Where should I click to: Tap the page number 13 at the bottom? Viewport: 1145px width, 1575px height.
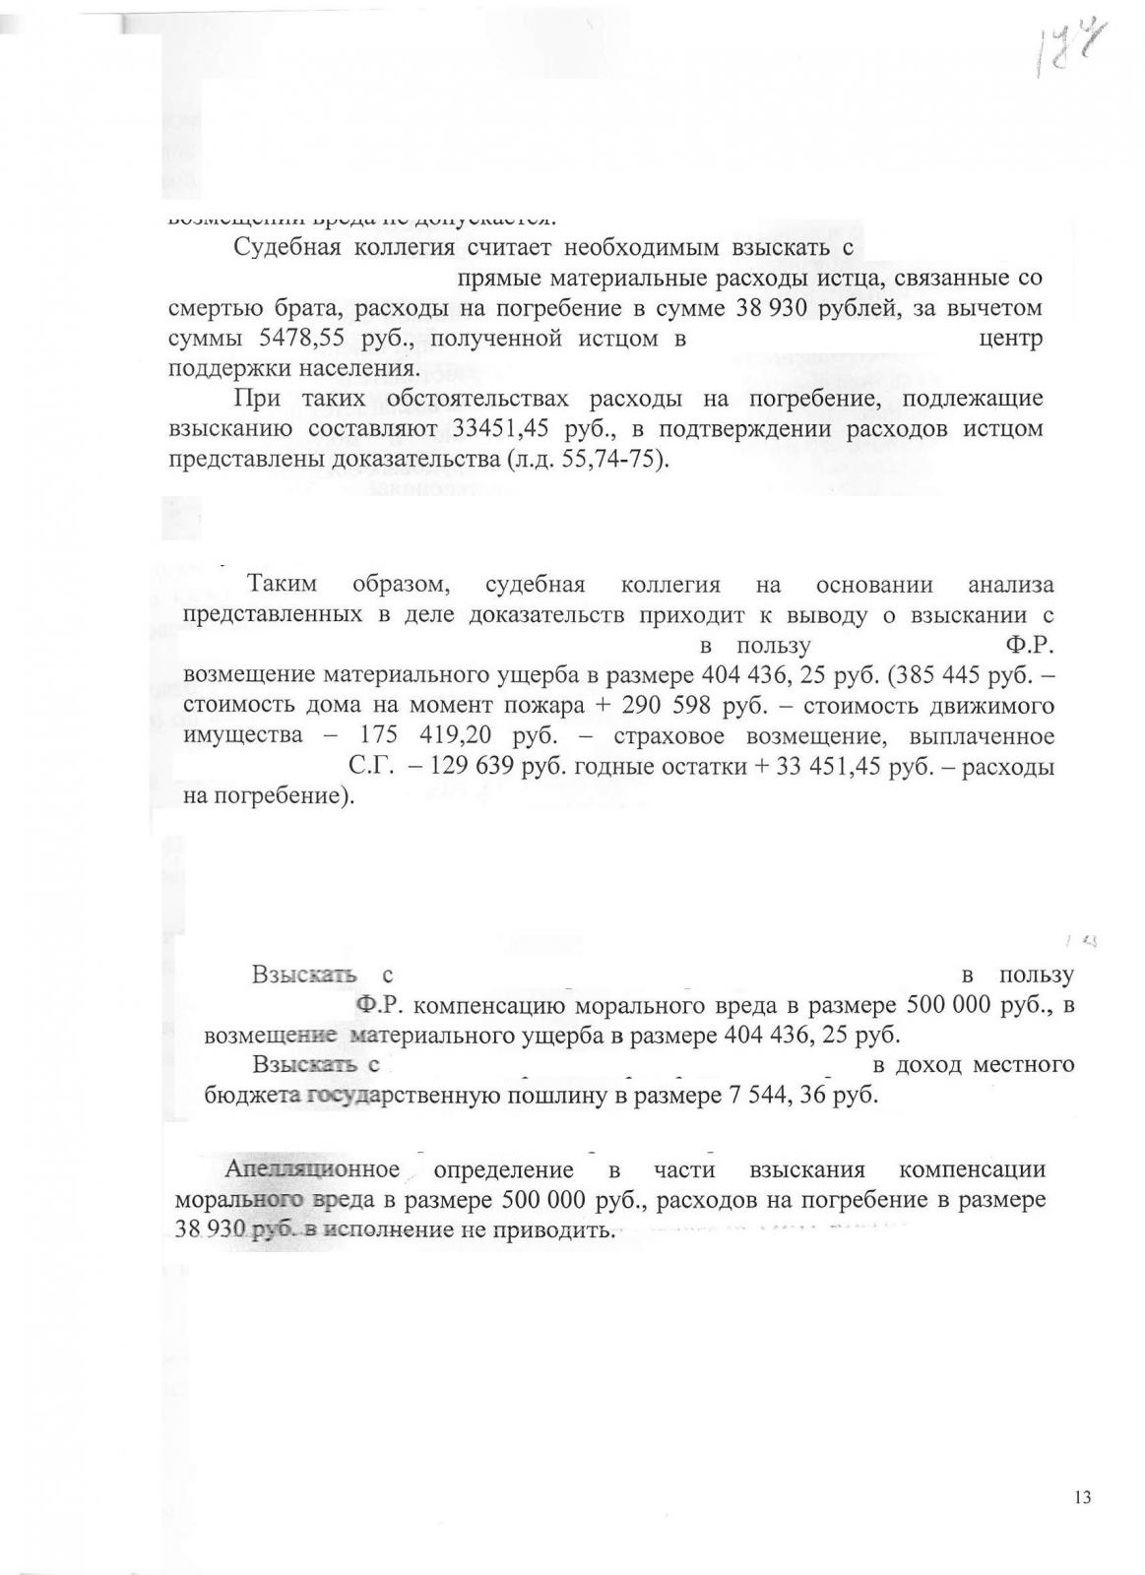pyautogui.click(x=1083, y=1497)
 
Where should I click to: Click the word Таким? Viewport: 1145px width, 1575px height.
pyautogui.click(x=283, y=585)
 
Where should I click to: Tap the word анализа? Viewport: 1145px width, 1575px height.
pyautogui.click(x=1011, y=585)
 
